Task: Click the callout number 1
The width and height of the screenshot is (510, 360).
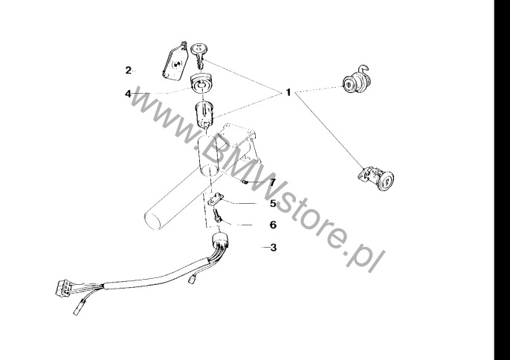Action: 288,93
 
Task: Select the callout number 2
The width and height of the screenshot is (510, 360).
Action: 129,70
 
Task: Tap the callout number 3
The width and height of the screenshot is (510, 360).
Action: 274,248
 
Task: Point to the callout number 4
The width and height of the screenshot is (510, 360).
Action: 128,94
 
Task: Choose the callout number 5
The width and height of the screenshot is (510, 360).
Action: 273,204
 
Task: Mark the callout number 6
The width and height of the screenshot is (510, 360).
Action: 274,225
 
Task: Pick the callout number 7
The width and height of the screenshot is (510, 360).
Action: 272,182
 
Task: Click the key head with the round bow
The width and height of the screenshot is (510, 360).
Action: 199,48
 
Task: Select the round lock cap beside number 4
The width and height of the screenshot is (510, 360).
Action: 201,83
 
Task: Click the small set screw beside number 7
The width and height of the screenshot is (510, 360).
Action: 245,182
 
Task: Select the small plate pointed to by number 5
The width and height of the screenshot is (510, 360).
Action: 216,199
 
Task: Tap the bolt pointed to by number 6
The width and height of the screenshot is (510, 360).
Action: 217,216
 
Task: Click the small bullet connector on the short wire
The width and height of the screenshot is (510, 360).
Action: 192,279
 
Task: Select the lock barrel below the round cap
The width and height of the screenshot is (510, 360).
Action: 204,115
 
